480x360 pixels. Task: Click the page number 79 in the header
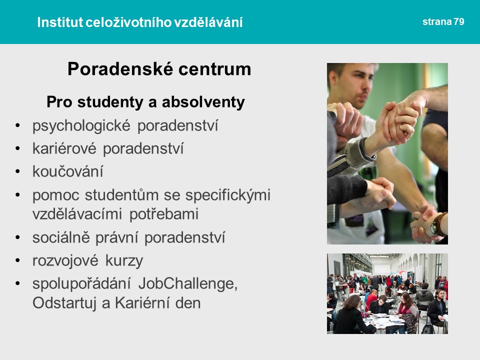point(459,21)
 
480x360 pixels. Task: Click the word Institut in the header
point(60,22)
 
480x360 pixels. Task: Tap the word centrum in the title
point(214,69)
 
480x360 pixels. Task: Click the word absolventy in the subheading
point(203,102)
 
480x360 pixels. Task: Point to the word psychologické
point(81,126)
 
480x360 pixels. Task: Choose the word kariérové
point(64,148)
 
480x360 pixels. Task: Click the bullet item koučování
point(68,171)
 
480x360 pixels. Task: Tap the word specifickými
point(228,195)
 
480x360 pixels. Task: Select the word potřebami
point(164,213)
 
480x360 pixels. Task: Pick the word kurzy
point(124,261)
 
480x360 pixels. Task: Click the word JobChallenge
point(188,284)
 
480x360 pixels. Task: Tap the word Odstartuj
point(64,303)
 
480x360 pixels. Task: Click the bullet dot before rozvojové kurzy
point(17,261)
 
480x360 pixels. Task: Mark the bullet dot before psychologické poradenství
point(17,125)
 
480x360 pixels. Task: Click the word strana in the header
point(437,21)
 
